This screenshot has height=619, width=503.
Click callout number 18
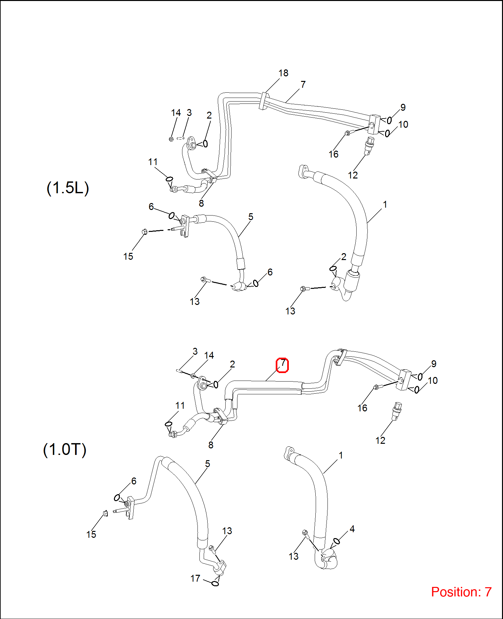[x=283, y=73]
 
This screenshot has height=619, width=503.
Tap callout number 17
[x=195, y=578]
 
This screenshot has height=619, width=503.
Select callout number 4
[x=352, y=529]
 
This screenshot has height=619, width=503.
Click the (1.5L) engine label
[x=68, y=188]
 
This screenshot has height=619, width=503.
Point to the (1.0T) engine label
[x=65, y=449]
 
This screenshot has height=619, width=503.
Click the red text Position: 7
[x=461, y=592]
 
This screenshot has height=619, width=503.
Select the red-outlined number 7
[x=282, y=365]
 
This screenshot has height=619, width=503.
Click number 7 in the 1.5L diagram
[x=303, y=84]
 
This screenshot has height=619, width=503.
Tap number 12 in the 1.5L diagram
[x=353, y=175]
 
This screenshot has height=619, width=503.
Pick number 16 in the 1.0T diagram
[x=362, y=408]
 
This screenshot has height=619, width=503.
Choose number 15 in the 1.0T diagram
[x=91, y=535]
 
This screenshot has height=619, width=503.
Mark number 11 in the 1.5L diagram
[x=153, y=162]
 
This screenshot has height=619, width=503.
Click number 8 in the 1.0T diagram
[x=211, y=445]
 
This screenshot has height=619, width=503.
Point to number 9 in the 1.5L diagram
[x=403, y=107]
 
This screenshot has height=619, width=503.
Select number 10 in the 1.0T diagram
[x=433, y=381]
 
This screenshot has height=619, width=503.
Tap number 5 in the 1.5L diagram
[x=251, y=217]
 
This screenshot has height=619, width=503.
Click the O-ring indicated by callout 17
[x=215, y=584]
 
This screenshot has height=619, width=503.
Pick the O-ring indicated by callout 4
[x=336, y=541]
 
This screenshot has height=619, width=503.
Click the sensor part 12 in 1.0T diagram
[x=397, y=411]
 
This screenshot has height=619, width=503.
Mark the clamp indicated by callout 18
[x=263, y=101]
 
